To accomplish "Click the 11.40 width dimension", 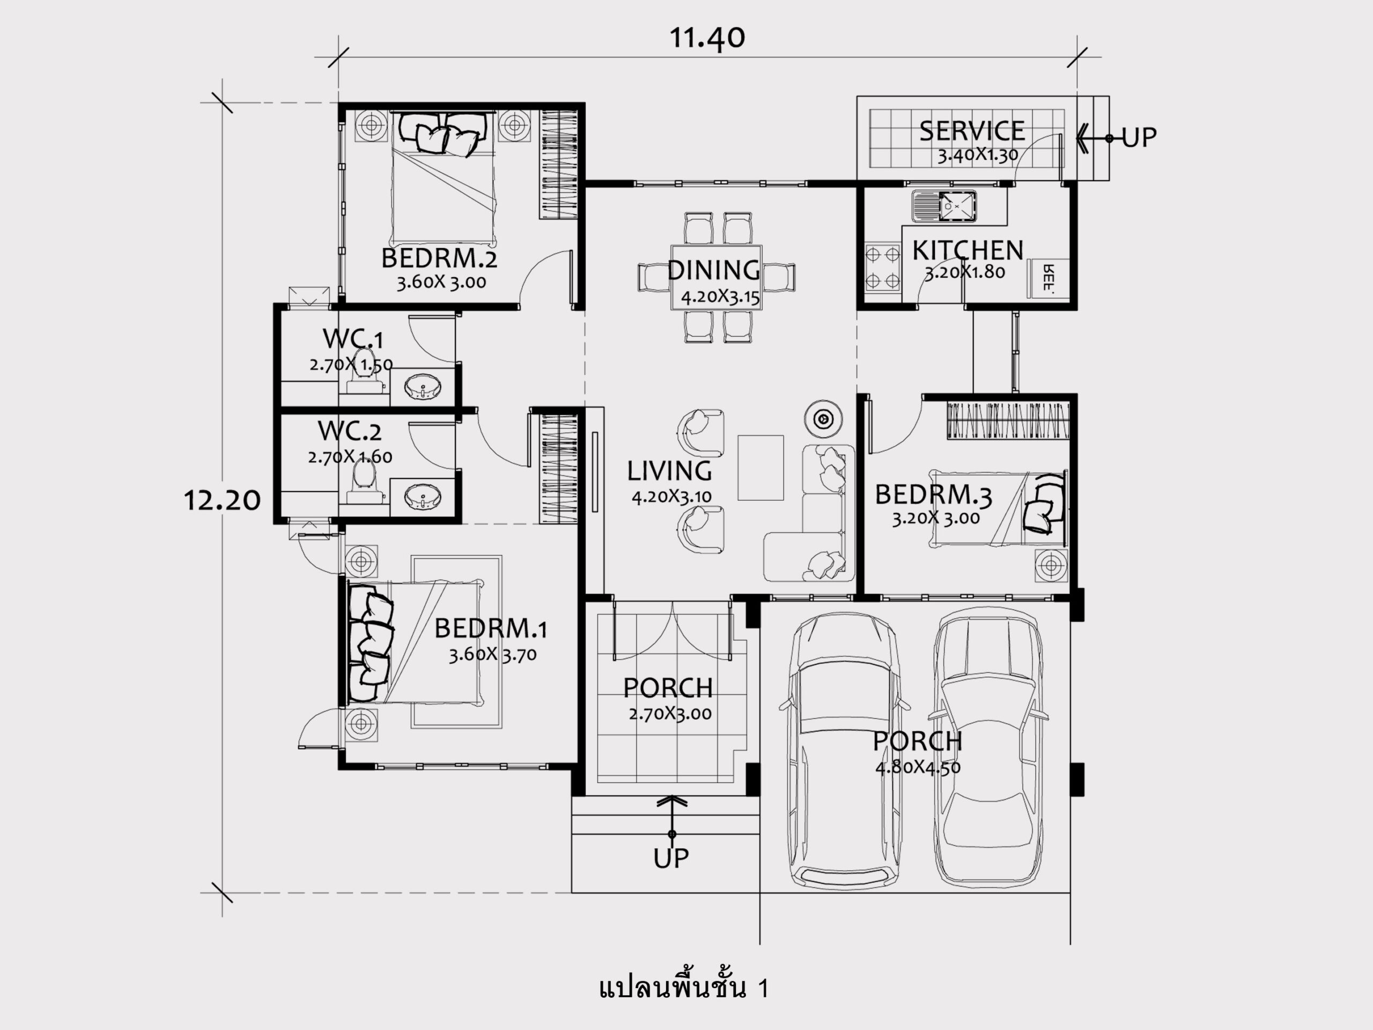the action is coord(707,39).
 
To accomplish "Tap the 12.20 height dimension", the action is coord(222,500).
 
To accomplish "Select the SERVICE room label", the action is coord(972,131).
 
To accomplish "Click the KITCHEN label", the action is coord(968,250).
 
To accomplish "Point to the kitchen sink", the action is coord(943,206).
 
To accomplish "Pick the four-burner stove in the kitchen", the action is coord(883,268).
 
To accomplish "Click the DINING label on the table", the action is coord(714,270).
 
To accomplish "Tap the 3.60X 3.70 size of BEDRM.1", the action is coord(493,655).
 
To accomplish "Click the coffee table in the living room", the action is coord(761,467).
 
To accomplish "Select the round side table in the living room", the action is coord(823,419).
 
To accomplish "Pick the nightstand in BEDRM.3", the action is coord(1051,565).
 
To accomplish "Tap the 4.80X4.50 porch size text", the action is coord(918,767).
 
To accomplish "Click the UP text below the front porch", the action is coord(671,858).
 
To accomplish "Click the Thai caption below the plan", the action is coord(684,987).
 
